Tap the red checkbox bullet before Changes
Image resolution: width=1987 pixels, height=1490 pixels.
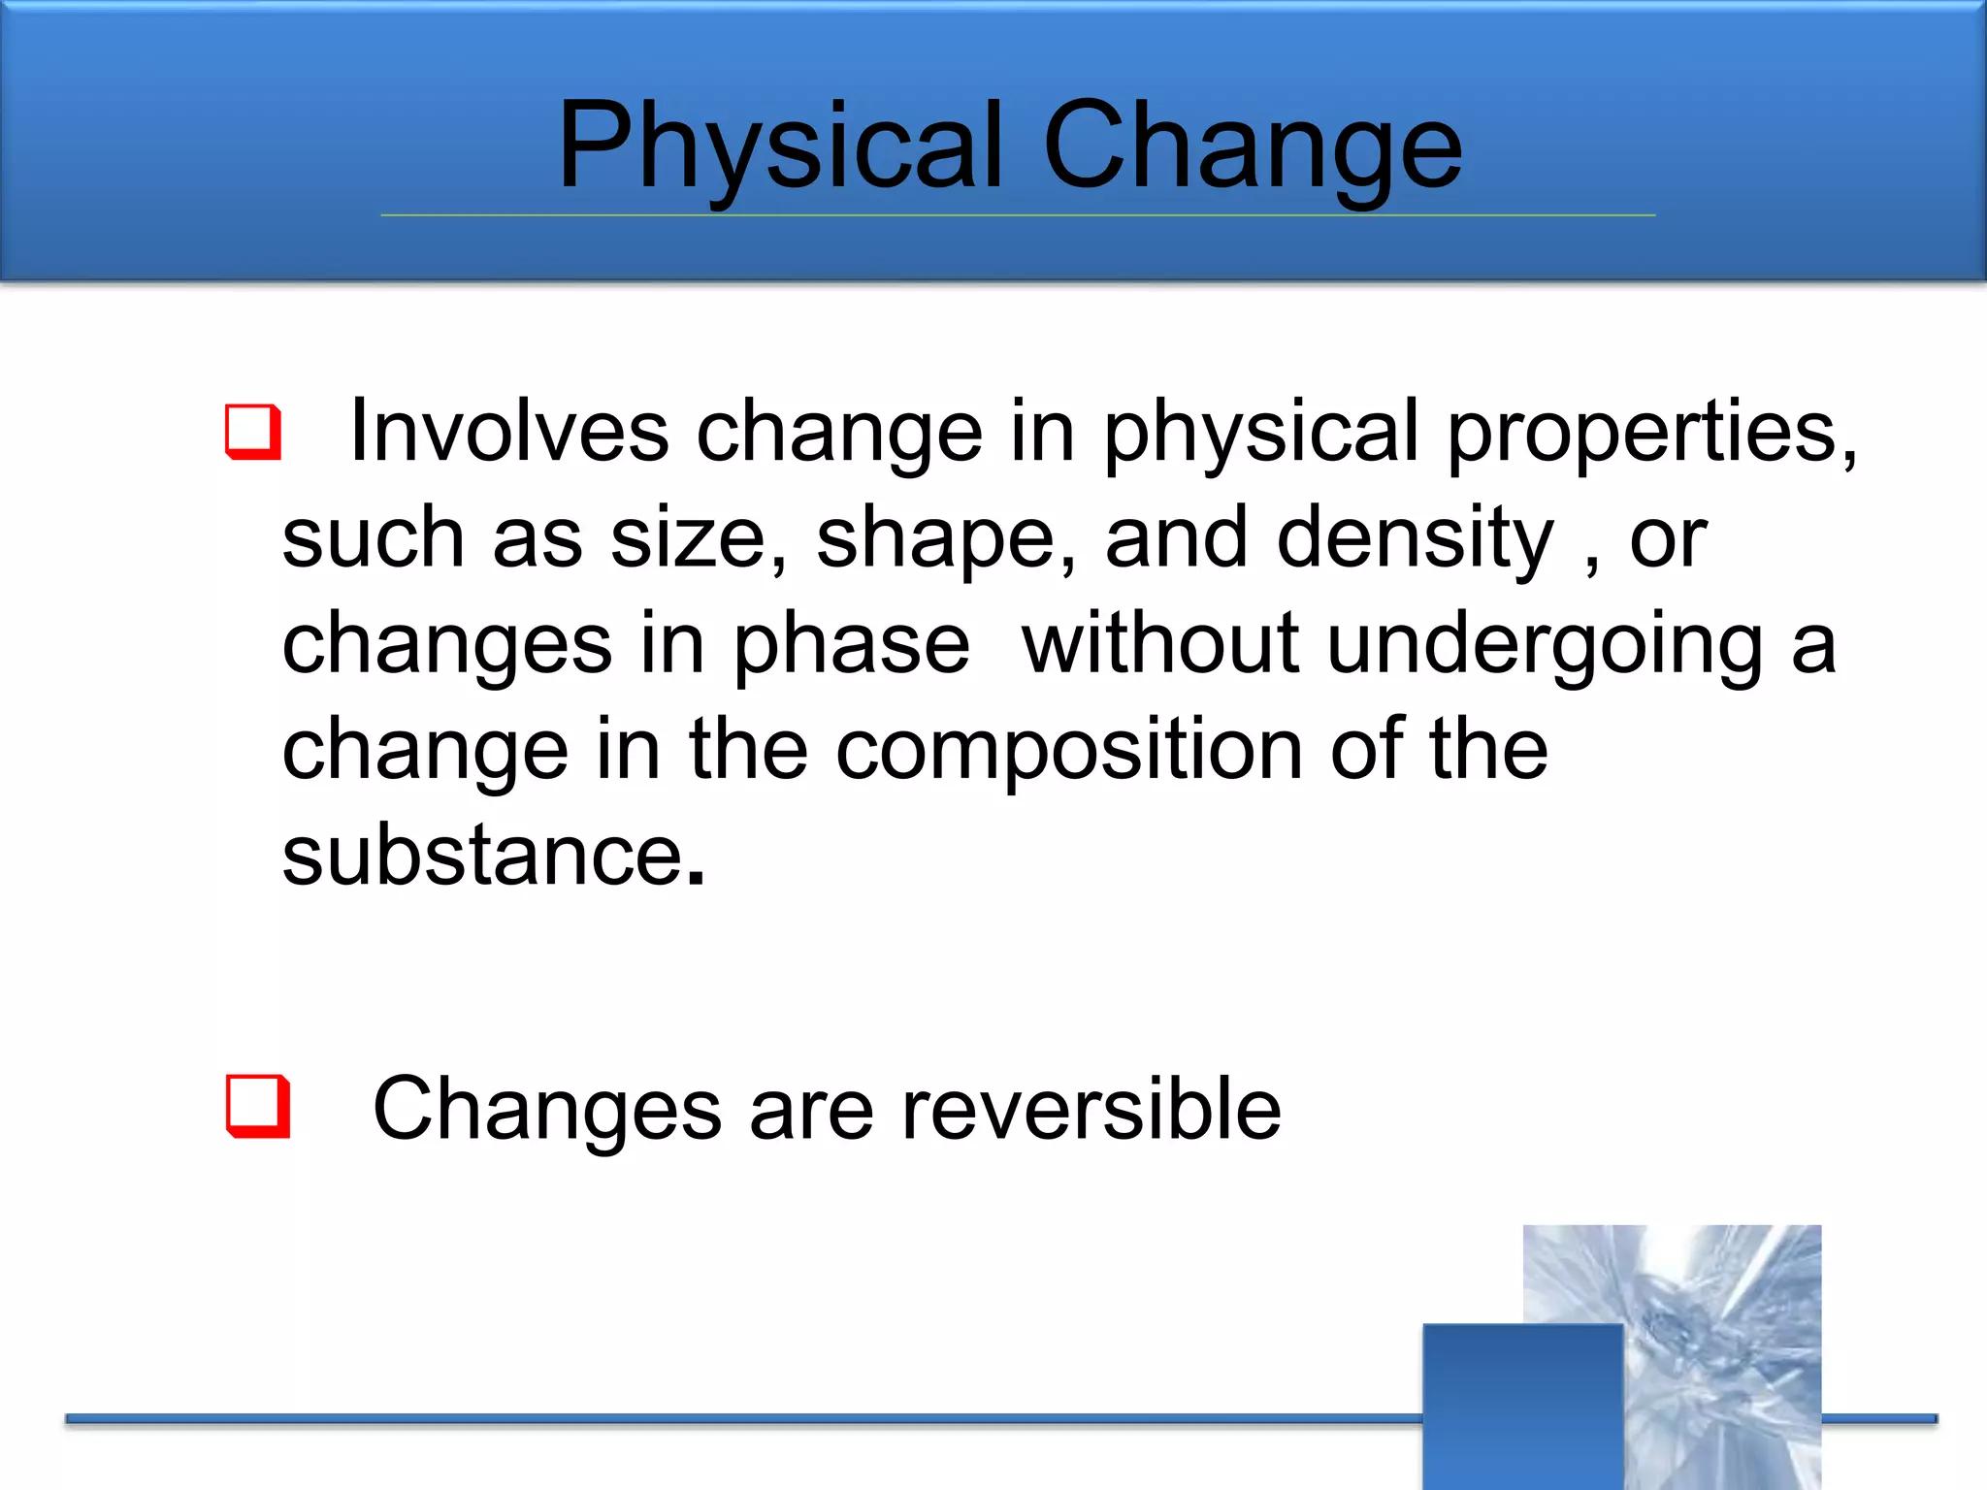tap(257, 1105)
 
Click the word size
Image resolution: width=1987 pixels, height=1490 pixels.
tap(689, 538)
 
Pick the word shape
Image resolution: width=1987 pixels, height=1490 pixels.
tap(934, 540)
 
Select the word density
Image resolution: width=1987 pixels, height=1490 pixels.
tap(1415, 540)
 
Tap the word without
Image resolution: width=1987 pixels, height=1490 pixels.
tap(1160, 644)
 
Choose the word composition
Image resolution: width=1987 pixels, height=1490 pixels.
tap(1069, 752)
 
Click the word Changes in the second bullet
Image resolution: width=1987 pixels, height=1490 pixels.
tap(547, 1111)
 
